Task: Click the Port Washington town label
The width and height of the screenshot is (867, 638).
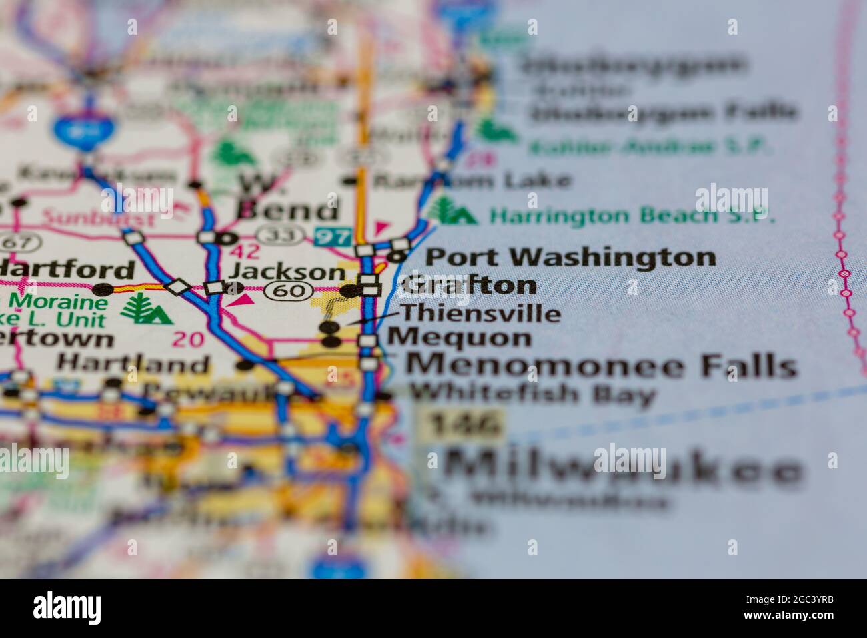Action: click(570, 257)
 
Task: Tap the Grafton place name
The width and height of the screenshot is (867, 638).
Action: click(468, 285)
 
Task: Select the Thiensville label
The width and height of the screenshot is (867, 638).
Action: click(480, 313)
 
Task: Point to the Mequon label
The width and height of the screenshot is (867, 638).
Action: click(459, 338)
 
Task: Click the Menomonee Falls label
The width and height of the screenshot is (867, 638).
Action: click(602, 366)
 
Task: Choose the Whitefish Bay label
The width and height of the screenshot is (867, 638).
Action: click(532, 394)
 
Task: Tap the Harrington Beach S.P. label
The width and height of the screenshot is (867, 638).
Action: click(631, 216)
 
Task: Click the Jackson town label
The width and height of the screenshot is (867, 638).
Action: click(287, 272)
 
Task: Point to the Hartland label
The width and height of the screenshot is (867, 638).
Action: click(132, 364)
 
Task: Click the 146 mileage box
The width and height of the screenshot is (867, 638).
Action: click(466, 425)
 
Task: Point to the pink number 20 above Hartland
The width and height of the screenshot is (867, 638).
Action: click(187, 339)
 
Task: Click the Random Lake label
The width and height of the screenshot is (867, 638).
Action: click(472, 180)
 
